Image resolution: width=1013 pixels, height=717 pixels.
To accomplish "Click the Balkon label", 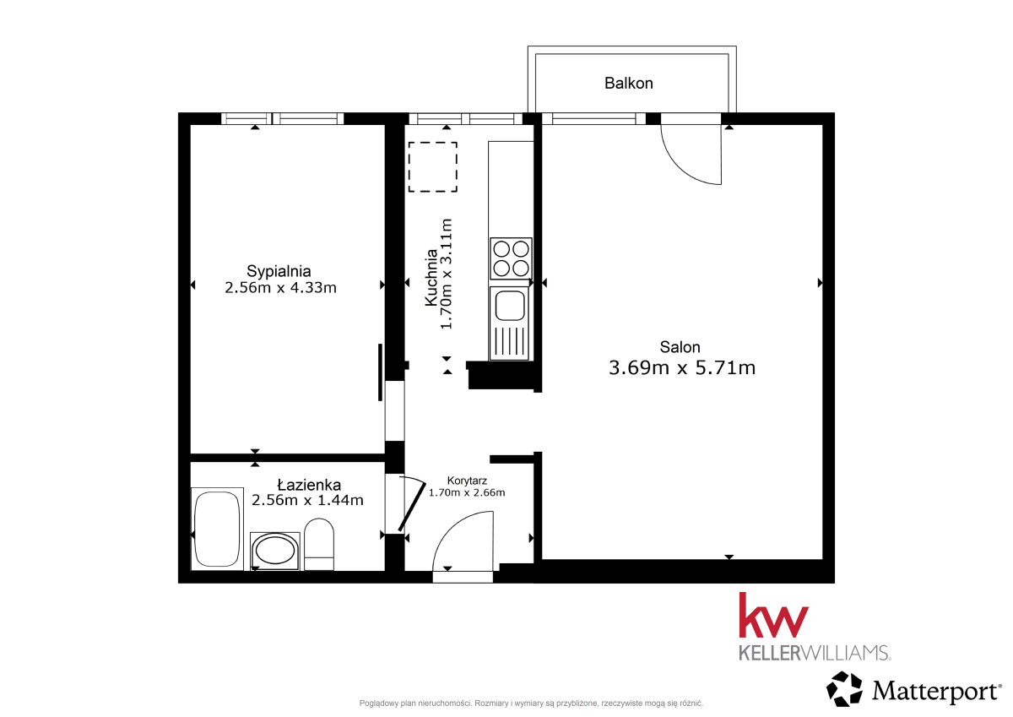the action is coord(629,84).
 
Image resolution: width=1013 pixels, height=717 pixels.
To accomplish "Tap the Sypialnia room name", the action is coord(279,272).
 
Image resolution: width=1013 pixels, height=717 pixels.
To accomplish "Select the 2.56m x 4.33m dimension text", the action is coord(280,288).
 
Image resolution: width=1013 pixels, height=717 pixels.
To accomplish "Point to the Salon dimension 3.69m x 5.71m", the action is coord(682,367).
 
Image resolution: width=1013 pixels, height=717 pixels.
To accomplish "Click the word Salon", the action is coord(680,347).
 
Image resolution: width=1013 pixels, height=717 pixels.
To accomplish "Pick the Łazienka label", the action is coord(309,485).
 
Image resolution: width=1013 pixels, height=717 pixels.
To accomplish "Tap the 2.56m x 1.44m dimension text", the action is coord(307,500).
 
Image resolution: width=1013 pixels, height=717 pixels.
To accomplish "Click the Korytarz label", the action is coord(467,481).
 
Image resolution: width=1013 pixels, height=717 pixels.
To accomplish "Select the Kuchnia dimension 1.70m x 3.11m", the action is coord(447,274).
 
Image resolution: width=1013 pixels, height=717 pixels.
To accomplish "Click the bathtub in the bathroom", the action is coord(217,529).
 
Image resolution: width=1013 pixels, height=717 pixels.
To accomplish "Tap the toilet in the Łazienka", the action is coord(319,544).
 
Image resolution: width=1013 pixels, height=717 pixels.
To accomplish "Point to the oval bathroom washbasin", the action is coord(275,551).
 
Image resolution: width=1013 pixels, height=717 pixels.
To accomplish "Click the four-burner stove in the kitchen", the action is coord(511,258).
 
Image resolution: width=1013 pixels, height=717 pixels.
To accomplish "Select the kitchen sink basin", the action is coord(510,307).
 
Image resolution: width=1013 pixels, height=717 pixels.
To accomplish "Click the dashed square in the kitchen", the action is coord(433,167).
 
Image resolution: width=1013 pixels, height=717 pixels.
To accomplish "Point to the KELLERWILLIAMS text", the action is coord(815,653).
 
